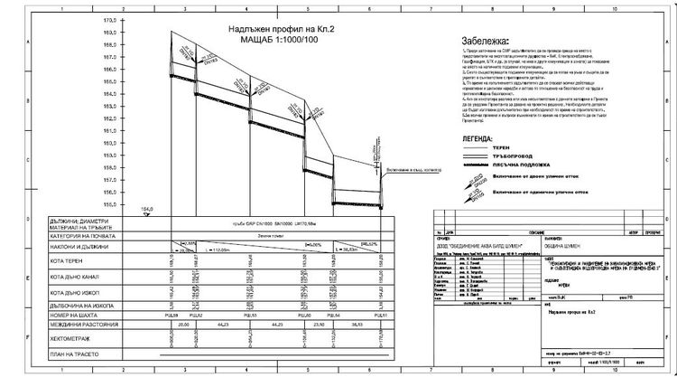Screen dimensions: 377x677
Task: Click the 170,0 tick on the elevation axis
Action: [x=112, y=19]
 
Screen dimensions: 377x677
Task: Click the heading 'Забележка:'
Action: [x=484, y=41]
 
